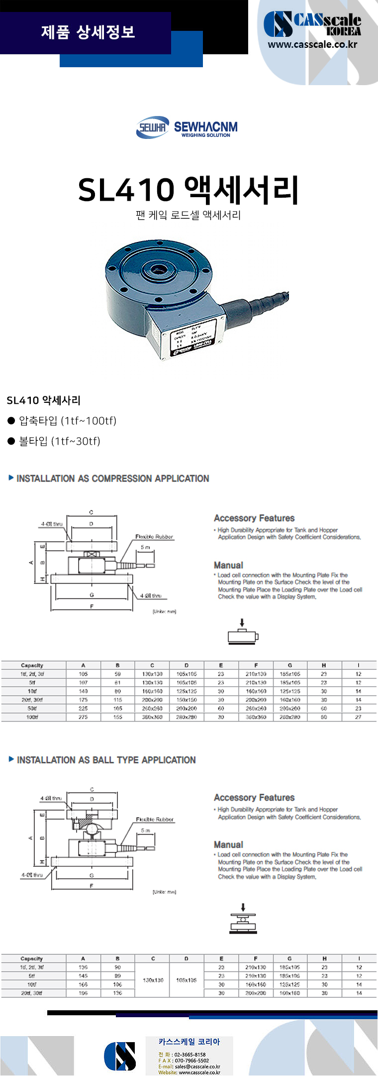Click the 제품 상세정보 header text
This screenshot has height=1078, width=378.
pos(88,32)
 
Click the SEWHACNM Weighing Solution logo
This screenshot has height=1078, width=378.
pos(187,128)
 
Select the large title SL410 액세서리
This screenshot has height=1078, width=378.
pos(189,190)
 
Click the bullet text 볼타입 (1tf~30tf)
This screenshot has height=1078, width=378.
pos(59,441)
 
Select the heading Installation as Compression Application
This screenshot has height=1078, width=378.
pos(112,479)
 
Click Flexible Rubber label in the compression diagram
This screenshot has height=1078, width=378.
pos(154,537)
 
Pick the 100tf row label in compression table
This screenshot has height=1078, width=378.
pos(32,717)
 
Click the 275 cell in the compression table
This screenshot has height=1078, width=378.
pos(83,717)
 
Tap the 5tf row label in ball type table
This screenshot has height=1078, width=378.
pos(32,975)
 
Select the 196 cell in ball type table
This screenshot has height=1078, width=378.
pos(83,993)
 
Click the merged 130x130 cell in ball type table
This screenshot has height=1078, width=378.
pos(153,980)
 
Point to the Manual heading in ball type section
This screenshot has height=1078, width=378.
pos(228,844)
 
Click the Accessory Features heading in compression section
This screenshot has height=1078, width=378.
pos(254,518)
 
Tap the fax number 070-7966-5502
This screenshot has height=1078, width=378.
pos(191,1061)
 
